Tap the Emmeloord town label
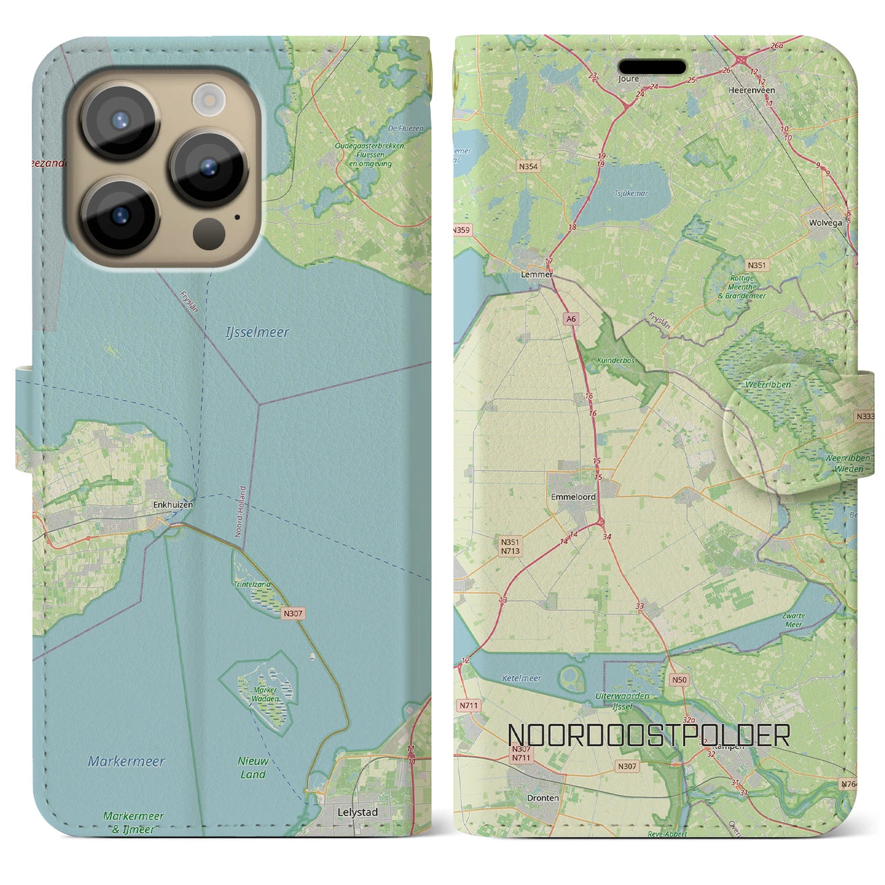click(x=573, y=497)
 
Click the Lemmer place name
click(x=537, y=274)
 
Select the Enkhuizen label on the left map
click(x=173, y=505)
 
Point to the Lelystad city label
click(x=357, y=812)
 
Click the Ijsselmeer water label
click(x=257, y=333)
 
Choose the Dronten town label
click(x=543, y=797)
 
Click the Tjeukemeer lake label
click(x=631, y=194)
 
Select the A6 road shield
click(x=570, y=319)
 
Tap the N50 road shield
click(x=679, y=680)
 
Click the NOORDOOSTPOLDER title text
click(x=649, y=736)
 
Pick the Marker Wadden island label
click(x=265, y=693)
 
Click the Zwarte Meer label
click(x=794, y=620)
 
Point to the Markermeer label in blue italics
click(x=127, y=762)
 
